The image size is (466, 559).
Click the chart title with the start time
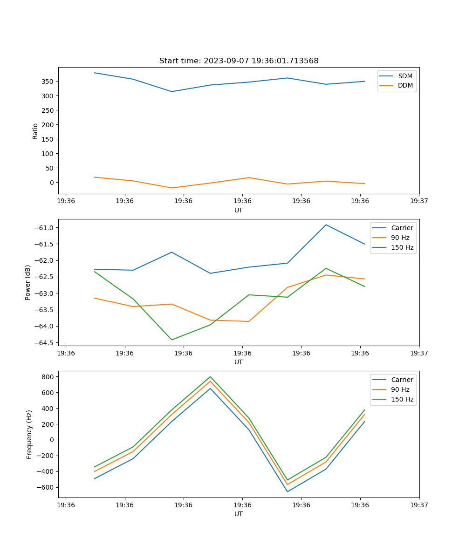coord(239,61)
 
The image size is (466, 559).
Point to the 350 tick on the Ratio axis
coord(48,82)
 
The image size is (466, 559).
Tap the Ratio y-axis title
coord(35,131)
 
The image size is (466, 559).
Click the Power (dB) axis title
coord(28,282)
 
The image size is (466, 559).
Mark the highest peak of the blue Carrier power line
coord(326,225)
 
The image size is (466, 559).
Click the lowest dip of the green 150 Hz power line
coord(171,340)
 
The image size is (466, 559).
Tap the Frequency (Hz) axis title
coord(29,434)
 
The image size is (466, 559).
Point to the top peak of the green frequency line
coord(210,376)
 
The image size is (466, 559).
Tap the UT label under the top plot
coord(239,210)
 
